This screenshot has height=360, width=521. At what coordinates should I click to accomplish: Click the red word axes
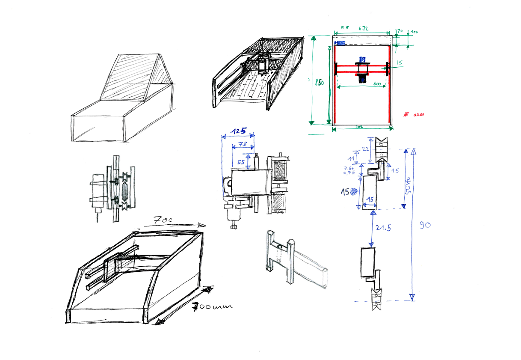418,115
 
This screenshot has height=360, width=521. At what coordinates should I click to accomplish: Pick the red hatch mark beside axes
406,115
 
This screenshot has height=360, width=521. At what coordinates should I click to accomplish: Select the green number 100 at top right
414,32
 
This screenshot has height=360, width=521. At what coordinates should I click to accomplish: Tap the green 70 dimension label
400,31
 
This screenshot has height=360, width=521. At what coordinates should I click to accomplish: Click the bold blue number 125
238,131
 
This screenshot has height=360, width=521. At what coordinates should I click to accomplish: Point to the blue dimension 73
243,144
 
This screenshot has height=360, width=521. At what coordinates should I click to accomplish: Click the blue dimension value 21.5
383,229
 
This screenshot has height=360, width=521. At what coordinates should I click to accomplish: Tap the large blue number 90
424,225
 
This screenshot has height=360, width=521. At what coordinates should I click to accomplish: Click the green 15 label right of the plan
400,63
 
